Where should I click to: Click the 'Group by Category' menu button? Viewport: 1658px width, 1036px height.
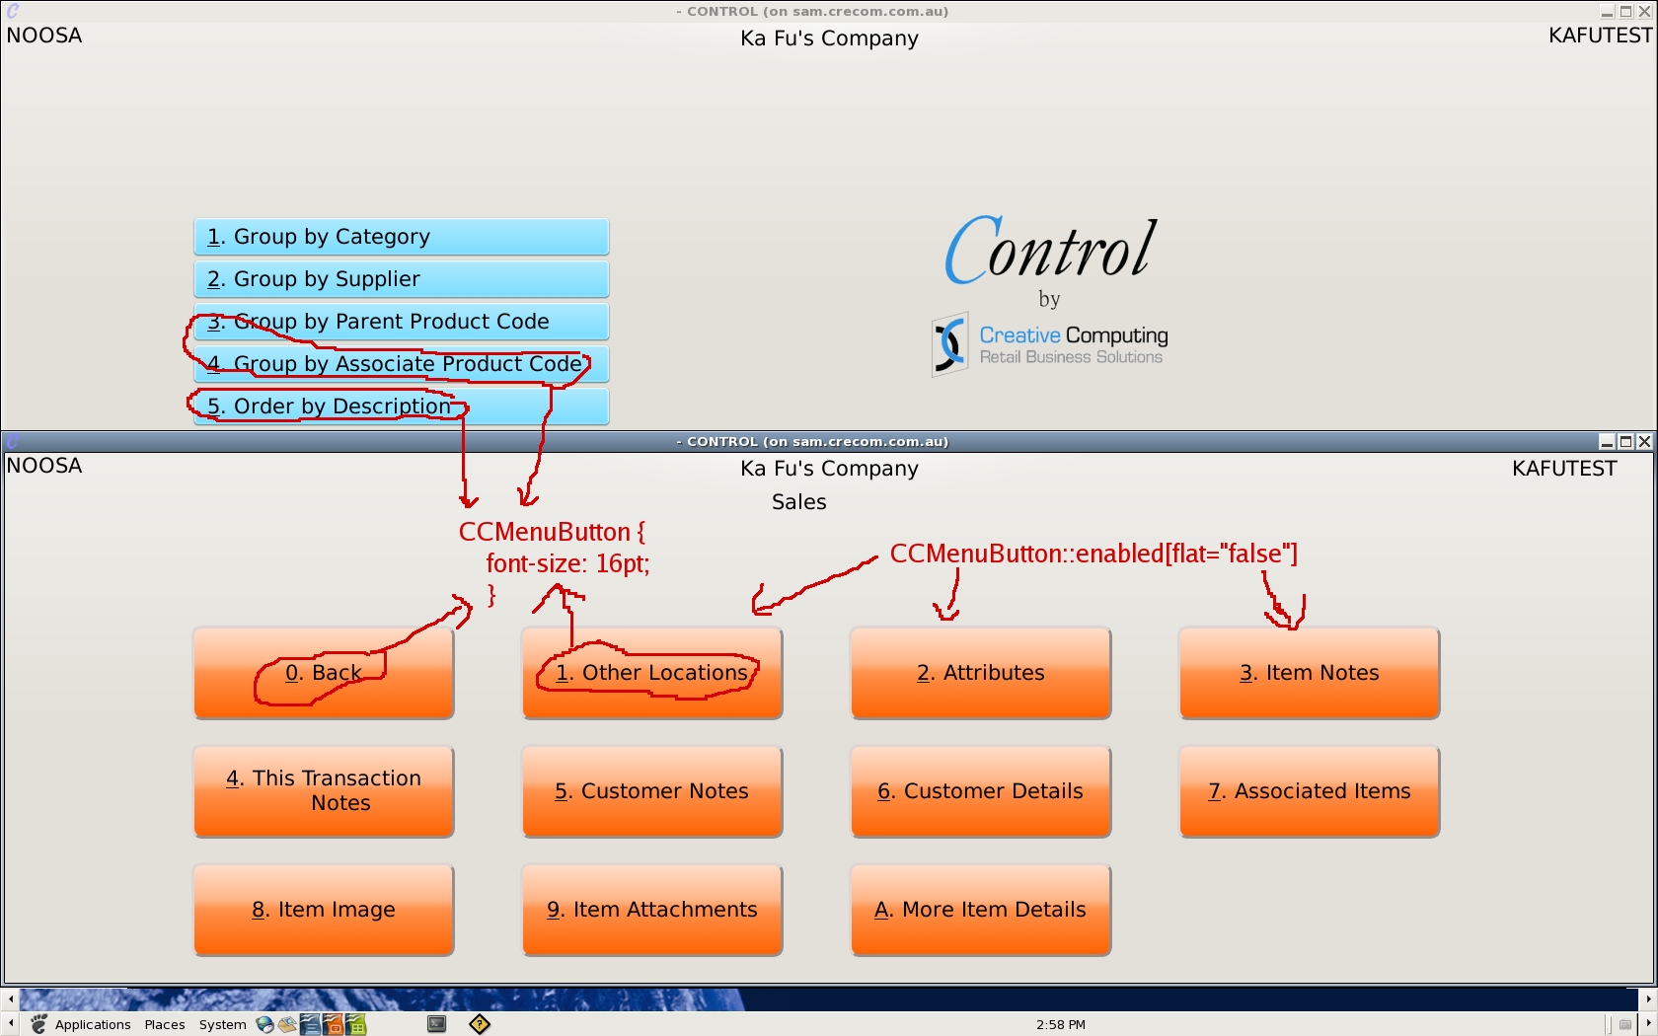coord(401,237)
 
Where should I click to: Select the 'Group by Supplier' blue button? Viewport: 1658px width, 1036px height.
coord(401,279)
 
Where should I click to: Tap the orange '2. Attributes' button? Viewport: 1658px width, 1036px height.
coord(980,673)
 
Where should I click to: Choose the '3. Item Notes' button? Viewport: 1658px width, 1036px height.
coord(1309,673)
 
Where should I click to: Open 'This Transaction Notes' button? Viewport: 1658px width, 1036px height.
coord(324,791)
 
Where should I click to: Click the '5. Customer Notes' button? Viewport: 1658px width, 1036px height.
coord(651,791)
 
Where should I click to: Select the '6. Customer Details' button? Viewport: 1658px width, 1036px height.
coord(980,791)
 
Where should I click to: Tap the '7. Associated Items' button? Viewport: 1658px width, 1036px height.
coord(1309,791)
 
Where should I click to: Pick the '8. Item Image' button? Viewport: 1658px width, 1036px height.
coord(324,910)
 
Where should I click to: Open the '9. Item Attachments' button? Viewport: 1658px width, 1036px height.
coord(651,910)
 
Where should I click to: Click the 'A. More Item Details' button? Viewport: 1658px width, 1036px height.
coord(980,910)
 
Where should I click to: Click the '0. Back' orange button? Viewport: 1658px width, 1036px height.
coord(324,673)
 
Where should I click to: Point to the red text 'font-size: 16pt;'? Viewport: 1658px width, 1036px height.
coord(567,563)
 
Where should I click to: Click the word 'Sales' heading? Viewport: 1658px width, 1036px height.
coord(798,502)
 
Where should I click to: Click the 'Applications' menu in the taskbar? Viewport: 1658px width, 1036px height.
coord(92,1024)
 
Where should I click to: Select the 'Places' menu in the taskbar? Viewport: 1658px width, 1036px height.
coord(165,1024)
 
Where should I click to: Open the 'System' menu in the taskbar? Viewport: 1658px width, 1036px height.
coord(222,1024)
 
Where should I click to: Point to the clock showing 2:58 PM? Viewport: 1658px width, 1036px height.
coord(1060,1024)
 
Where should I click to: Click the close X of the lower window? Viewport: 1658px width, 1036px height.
coord(1644,442)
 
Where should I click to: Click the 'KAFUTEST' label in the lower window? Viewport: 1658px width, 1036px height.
coord(1563,469)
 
